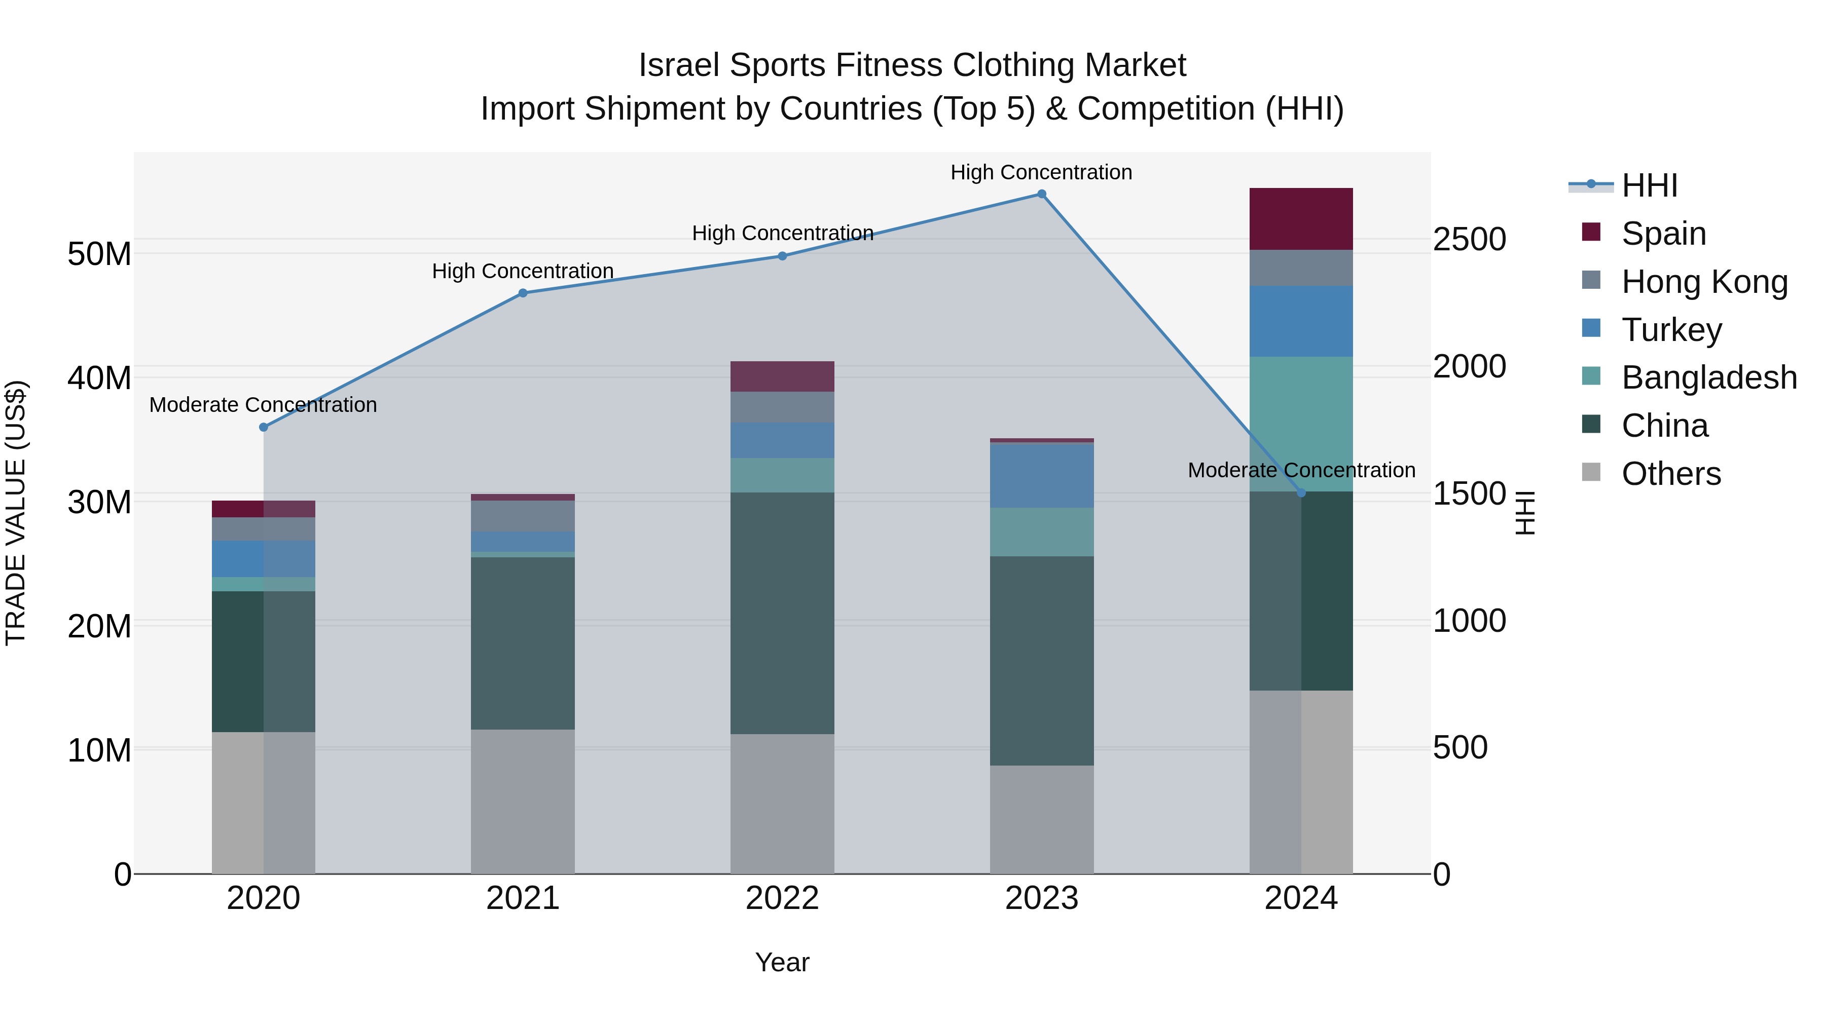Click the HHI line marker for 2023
click(1041, 194)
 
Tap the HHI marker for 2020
click(264, 428)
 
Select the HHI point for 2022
click(782, 256)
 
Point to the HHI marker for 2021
click(523, 293)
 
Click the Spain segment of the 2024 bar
click(1301, 219)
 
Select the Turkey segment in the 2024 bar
click(1301, 321)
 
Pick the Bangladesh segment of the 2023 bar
click(1041, 532)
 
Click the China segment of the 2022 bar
click(782, 613)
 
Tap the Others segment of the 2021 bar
click(523, 802)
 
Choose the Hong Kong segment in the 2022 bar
click(782, 407)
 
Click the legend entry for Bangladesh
click(1709, 378)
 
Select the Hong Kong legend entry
click(1704, 282)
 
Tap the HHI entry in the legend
click(1649, 185)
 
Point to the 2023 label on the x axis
click(1041, 898)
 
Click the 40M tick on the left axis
click(99, 378)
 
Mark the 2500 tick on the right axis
click(1469, 239)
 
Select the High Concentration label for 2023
click(1041, 173)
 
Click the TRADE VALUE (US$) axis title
click(16, 513)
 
